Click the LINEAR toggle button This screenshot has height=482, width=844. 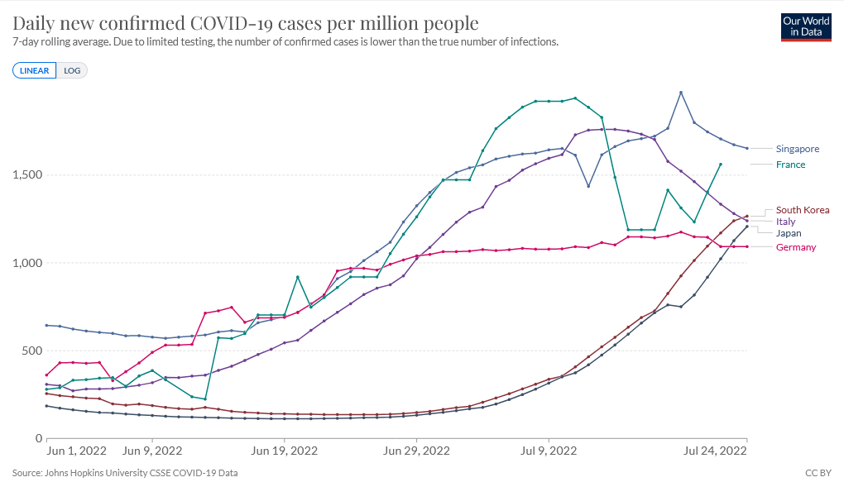[x=34, y=70]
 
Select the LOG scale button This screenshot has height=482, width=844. [x=72, y=70]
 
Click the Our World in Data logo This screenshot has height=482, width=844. [x=806, y=26]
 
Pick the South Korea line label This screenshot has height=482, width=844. [x=802, y=210]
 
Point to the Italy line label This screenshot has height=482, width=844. [x=785, y=222]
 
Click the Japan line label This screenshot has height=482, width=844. [x=788, y=233]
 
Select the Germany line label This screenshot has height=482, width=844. [x=795, y=247]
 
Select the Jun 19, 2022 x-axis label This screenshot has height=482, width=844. [x=284, y=451]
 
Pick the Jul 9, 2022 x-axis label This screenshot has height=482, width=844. [x=548, y=451]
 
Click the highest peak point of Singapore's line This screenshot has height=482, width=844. [x=680, y=92]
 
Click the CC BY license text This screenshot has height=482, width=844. [x=818, y=473]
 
